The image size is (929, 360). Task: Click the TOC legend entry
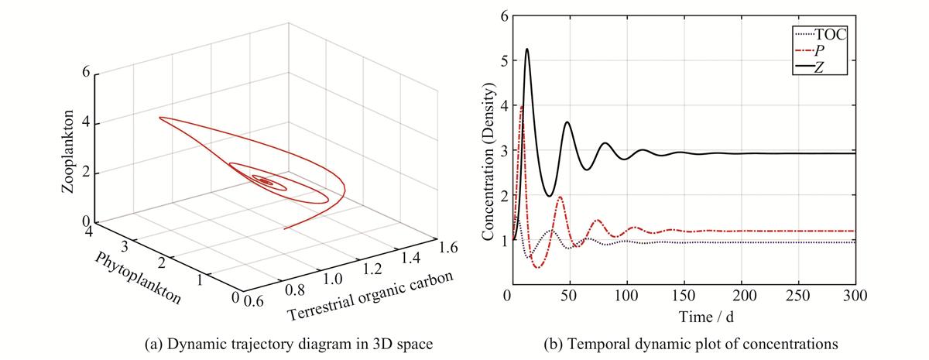coord(820,35)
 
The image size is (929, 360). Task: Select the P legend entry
coord(809,51)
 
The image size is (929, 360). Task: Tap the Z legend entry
coord(809,67)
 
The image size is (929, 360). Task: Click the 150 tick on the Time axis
coord(684,296)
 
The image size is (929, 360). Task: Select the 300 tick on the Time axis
coord(855,296)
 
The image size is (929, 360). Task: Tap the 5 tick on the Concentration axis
coord(503,61)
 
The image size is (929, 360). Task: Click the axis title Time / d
coord(706,317)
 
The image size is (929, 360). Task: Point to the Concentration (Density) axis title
coord(488,161)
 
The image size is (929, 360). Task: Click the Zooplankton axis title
coord(67,152)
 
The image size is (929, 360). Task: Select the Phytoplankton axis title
coord(138,278)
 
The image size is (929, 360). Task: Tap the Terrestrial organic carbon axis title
coord(370,296)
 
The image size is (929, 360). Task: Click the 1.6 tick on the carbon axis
coord(447,248)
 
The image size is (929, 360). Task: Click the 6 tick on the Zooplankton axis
coord(86,73)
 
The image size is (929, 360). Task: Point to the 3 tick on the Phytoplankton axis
coord(125,247)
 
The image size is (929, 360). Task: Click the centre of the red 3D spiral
coord(265,180)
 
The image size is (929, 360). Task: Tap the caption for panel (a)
coord(289,344)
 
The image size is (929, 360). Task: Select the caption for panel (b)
coord(691,344)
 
